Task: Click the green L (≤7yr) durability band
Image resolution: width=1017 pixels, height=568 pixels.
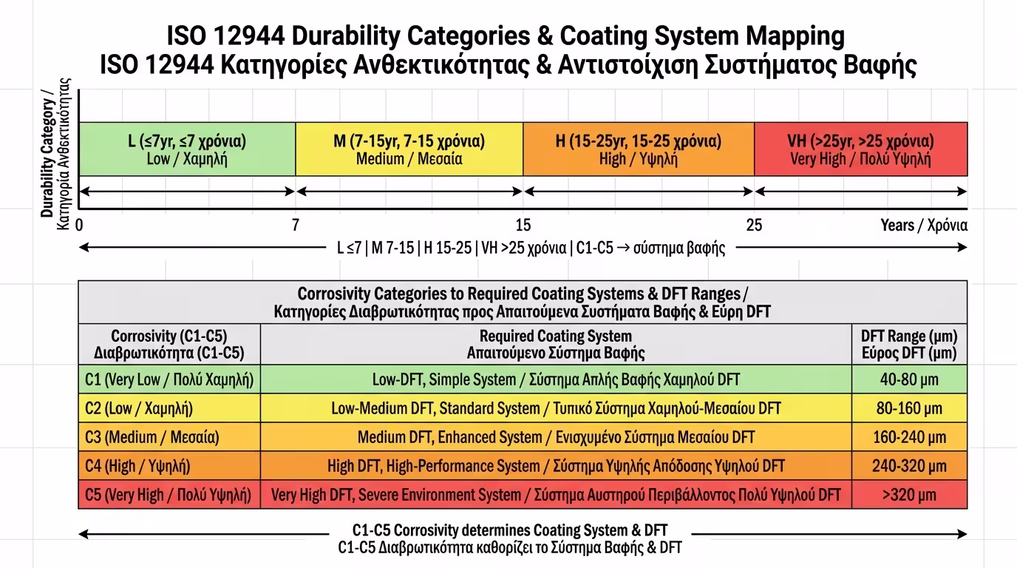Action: click(187, 149)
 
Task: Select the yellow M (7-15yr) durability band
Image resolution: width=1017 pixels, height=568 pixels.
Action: click(409, 149)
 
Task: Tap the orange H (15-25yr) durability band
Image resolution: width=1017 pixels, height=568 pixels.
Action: click(639, 149)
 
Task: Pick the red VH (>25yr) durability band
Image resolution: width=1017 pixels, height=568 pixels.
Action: click(860, 149)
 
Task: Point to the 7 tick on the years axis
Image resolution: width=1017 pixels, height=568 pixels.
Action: click(296, 225)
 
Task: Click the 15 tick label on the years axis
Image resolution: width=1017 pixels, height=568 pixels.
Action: click(523, 225)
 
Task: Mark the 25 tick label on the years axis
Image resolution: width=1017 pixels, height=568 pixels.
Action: click(754, 225)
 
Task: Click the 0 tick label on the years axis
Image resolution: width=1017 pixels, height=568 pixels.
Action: click(79, 225)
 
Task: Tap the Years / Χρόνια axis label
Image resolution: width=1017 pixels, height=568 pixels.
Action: click(924, 225)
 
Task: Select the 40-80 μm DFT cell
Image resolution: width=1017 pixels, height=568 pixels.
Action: click(909, 379)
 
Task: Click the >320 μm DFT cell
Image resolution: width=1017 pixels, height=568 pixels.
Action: click(909, 495)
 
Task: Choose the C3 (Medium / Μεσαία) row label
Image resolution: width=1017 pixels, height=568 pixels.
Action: click(152, 437)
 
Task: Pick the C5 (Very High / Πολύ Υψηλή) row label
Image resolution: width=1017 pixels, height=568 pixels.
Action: click(169, 495)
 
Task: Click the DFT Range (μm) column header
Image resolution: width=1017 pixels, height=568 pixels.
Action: click(909, 345)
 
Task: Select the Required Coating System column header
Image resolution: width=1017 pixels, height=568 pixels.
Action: click(556, 345)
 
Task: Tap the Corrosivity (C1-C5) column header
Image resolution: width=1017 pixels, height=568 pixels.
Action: click(169, 345)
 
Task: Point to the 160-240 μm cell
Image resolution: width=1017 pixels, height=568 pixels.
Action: click(909, 437)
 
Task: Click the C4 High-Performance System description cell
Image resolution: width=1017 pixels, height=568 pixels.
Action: click(556, 466)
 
